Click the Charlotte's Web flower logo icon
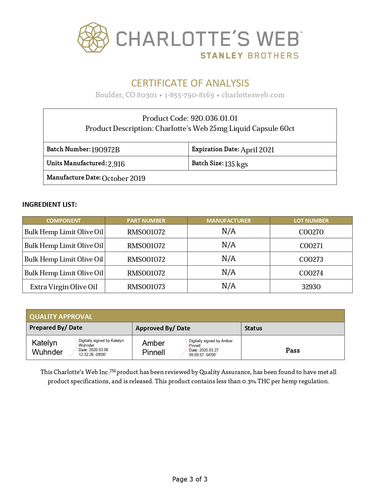[93, 38]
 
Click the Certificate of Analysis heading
[190, 83]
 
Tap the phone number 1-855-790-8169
[189, 95]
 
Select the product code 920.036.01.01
[214, 118]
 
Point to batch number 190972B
[106, 150]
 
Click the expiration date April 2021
[257, 150]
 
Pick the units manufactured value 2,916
[116, 164]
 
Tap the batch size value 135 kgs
[236, 164]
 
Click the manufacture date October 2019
[123, 178]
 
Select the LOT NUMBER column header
[311, 221]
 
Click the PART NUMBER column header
[146, 221]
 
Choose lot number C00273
[311, 259]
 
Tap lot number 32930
[311, 287]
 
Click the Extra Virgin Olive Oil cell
[64, 287]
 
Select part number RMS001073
[146, 287]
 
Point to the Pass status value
[293, 350]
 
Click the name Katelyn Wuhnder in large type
[47, 347]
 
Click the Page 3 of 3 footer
[190, 479]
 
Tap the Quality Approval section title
[61, 316]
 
